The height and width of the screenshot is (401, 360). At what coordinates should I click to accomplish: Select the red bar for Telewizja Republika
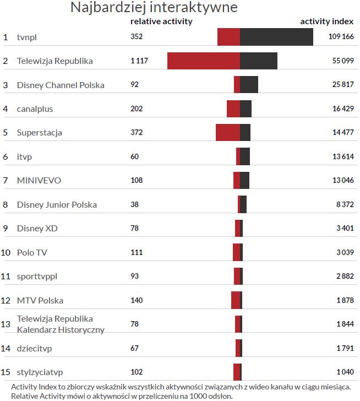click(204, 61)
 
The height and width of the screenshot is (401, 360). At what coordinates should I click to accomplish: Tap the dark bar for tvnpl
click(276, 37)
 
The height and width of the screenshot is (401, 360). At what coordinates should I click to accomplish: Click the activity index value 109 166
click(341, 37)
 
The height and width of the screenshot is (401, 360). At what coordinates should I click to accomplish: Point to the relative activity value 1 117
click(139, 61)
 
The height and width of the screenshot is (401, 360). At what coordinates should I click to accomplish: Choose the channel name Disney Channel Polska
click(61, 85)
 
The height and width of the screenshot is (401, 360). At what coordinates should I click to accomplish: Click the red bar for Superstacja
click(228, 133)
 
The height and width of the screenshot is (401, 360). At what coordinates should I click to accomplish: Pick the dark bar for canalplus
click(246, 109)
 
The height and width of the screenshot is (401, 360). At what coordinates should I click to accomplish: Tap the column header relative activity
click(161, 21)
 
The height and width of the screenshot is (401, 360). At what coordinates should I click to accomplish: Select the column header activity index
click(326, 21)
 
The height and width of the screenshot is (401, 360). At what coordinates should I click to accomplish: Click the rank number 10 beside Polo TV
click(6, 252)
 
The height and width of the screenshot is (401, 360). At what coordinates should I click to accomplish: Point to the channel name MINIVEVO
click(39, 181)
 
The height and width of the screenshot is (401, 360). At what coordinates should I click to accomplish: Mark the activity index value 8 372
click(344, 204)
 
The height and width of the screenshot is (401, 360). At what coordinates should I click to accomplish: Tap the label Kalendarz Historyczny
click(61, 329)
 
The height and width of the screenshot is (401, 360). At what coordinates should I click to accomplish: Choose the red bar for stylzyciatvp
click(237, 372)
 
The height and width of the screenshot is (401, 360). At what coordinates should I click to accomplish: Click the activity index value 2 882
click(345, 276)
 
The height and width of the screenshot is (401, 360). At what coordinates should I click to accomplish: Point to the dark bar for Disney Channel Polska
click(249, 85)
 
